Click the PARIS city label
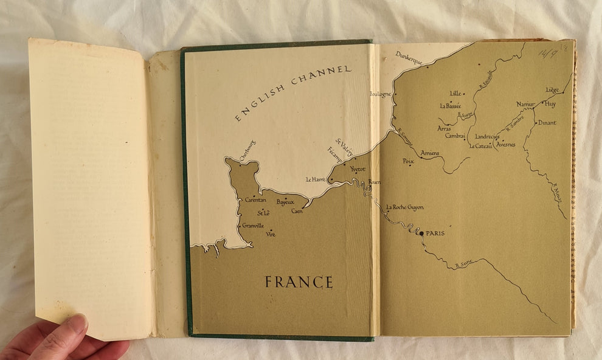(435, 233)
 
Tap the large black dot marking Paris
(421, 233)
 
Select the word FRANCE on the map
(299, 282)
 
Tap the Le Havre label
(316, 179)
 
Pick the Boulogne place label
(381, 94)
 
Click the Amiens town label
(430, 153)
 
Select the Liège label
(552, 90)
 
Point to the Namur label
(525, 104)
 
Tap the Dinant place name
(547, 123)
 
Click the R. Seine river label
(463, 265)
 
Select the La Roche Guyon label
(405, 207)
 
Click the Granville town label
(252, 226)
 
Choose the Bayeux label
(285, 201)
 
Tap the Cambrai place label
(455, 136)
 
